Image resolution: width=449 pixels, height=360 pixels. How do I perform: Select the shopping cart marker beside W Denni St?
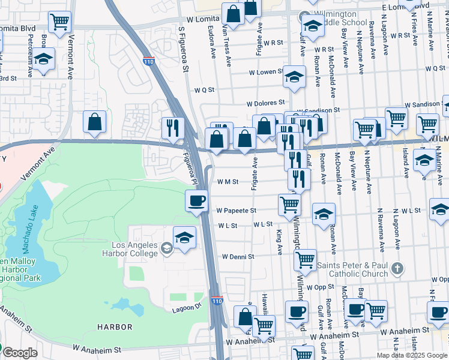[305, 260]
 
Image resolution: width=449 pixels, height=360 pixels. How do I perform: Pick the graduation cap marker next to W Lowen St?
[294, 76]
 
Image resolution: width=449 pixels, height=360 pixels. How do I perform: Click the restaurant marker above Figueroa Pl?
[172, 127]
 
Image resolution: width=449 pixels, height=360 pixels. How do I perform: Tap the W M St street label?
[228, 181]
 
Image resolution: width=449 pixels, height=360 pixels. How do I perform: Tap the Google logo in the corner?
[19, 353]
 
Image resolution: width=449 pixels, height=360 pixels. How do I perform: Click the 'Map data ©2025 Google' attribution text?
[412, 355]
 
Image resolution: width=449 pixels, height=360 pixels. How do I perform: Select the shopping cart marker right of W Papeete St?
[289, 205]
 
